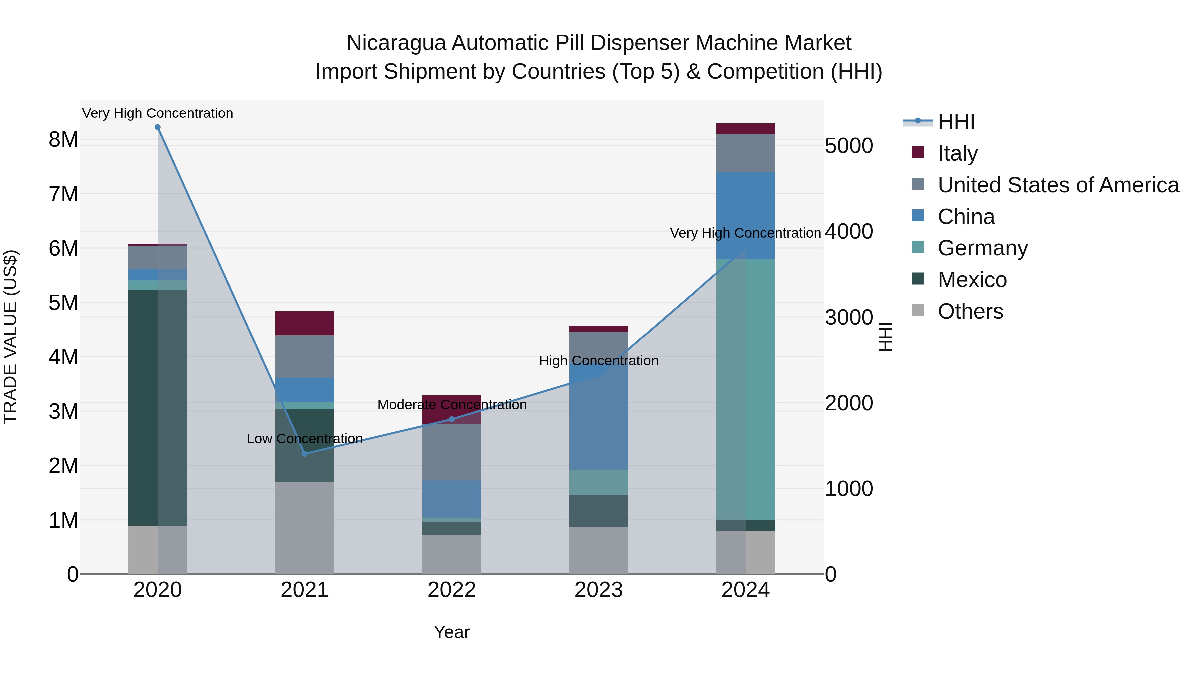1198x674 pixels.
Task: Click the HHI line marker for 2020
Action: point(158,127)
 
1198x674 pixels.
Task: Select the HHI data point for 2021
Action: point(304,454)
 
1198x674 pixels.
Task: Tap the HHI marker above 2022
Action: point(452,419)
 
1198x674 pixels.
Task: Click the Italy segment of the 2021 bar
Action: point(304,323)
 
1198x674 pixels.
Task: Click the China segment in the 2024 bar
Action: point(745,216)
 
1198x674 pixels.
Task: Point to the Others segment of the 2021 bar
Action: point(304,528)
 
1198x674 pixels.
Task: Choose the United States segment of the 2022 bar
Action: point(452,452)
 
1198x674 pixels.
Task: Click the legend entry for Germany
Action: point(982,248)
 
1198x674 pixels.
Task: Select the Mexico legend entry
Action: point(972,280)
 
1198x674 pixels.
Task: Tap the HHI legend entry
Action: point(956,122)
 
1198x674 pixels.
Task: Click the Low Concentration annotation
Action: point(304,439)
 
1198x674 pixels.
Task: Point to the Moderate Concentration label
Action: point(452,405)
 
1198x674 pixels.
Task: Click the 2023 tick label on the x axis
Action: point(599,590)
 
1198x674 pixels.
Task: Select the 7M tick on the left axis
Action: point(64,194)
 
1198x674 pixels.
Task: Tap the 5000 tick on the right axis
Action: point(849,146)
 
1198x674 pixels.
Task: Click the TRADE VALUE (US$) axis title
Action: point(11,337)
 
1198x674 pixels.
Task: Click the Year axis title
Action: point(452,632)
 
